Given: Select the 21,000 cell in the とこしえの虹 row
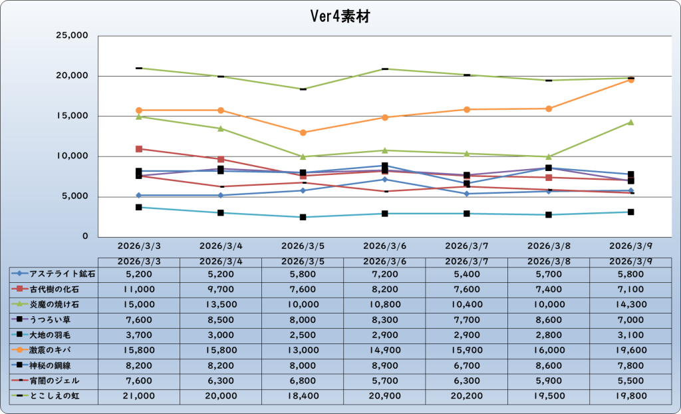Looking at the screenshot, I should coord(139,396).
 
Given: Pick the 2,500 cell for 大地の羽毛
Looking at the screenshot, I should coord(303,335).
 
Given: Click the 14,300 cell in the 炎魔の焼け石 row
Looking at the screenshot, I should coord(630,304).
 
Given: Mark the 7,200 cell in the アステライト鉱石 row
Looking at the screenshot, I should coord(384,273).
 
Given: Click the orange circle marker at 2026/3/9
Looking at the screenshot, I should coord(630,80).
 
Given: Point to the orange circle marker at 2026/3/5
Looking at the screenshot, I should coord(303,132).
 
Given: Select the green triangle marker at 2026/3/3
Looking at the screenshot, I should coord(139,116).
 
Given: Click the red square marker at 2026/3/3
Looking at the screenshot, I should coord(139,149).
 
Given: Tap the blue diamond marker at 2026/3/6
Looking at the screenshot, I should coord(384,179).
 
